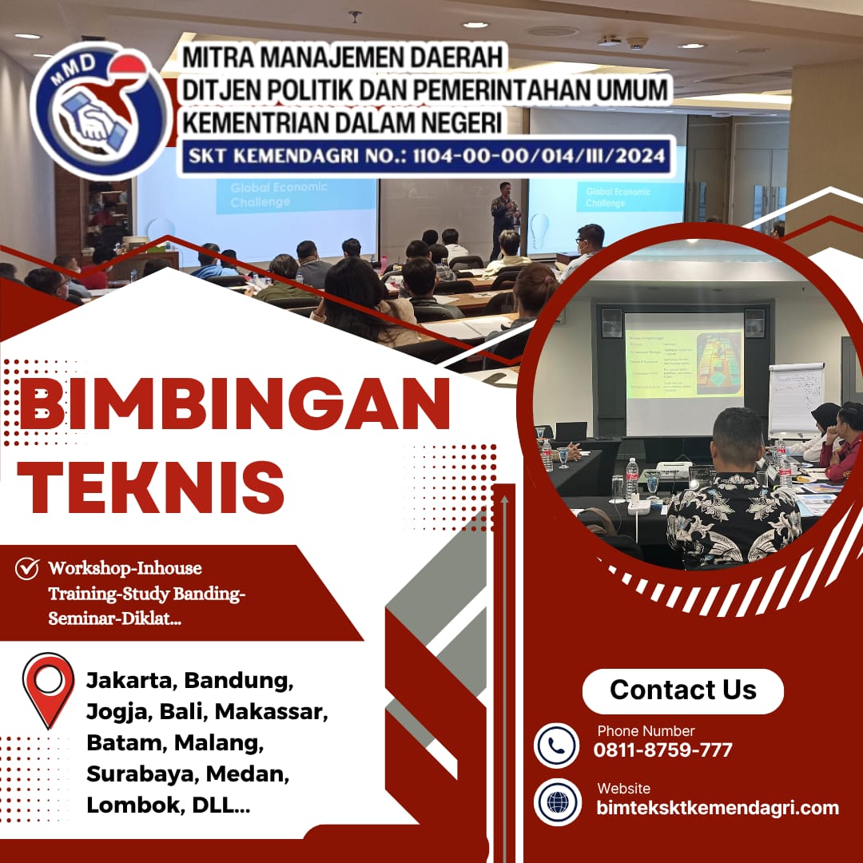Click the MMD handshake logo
click(x=101, y=110)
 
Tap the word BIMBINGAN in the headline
click(x=233, y=406)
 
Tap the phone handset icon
click(x=557, y=746)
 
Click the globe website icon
click(x=557, y=801)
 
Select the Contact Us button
click(x=682, y=690)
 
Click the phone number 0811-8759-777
click(x=662, y=750)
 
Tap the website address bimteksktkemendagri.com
click(x=718, y=808)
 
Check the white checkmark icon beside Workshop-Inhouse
click(x=27, y=569)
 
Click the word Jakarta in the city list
click(x=131, y=682)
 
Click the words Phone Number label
click(x=646, y=730)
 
